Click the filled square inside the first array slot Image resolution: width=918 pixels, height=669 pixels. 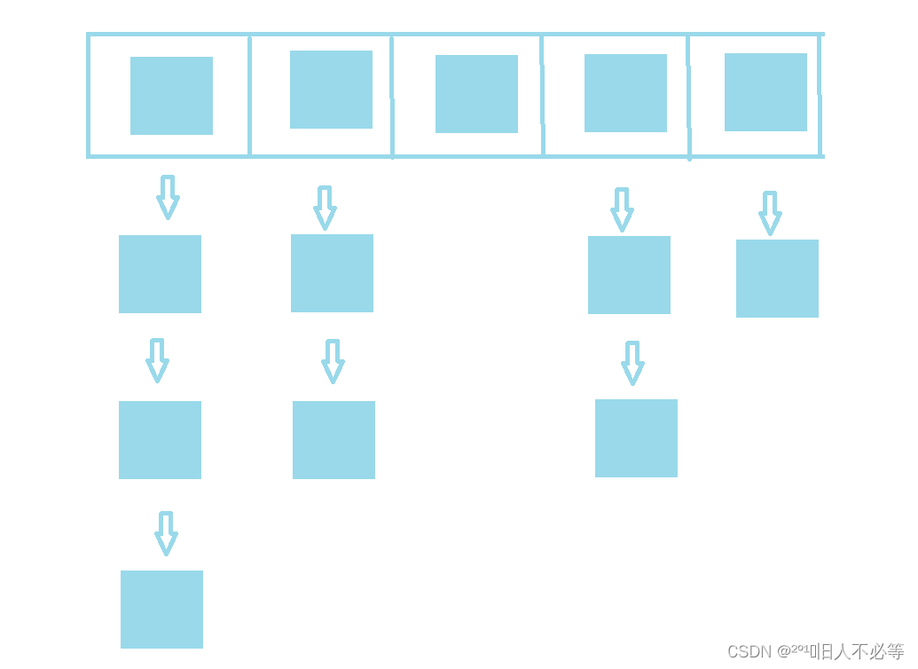click(x=171, y=96)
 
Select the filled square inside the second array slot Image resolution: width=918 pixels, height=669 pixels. click(x=331, y=90)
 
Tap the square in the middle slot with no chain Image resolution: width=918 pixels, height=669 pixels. click(x=476, y=94)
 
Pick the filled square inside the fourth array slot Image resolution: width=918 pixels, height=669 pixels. click(x=625, y=93)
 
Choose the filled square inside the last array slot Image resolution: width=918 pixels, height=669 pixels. click(x=765, y=92)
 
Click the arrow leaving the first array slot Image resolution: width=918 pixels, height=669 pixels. click(x=168, y=197)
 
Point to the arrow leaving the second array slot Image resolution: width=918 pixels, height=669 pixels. click(x=326, y=208)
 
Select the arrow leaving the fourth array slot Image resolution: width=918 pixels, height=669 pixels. click(x=622, y=209)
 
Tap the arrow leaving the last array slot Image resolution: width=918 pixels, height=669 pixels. click(x=770, y=213)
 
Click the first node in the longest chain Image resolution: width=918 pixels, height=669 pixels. click(x=160, y=274)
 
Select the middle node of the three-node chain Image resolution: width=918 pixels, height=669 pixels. click(x=160, y=440)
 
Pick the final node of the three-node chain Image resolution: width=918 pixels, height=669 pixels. click(x=161, y=610)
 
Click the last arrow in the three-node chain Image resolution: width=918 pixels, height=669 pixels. click(x=166, y=533)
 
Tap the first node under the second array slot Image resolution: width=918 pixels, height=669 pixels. click(x=332, y=273)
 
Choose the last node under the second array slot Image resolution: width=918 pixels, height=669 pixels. click(x=333, y=440)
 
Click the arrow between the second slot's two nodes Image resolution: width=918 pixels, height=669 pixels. click(x=333, y=361)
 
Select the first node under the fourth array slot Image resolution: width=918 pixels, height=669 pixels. click(x=629, y=275)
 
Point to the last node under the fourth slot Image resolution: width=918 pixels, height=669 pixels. click(x=636, y=438)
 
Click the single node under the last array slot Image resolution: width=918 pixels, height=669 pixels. click(x=777, y=279)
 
